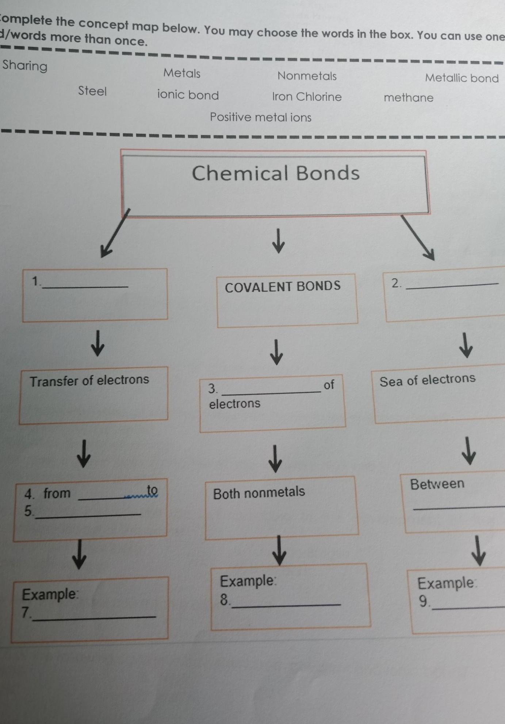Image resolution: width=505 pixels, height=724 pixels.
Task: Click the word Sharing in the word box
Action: coord(25,66)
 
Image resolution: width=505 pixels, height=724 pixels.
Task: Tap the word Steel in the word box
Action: coord(92,91)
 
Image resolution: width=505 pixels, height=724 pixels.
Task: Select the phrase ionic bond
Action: coord(188,95)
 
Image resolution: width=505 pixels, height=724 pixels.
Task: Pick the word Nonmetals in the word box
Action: coord(307,76)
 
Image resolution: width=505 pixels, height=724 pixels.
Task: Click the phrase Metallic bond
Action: coord(462,78)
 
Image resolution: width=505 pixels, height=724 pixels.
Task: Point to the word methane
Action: coord(408,98)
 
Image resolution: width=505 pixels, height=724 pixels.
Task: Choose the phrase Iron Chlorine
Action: coord(307,97)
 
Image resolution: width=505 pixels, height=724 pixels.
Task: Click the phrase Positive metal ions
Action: coord(260,117)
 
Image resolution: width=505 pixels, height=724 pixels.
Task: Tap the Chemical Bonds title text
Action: coord(276,173)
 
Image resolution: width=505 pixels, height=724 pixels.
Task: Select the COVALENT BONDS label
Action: coord(283,286)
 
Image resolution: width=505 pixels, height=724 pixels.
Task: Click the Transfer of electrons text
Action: coord(89,380)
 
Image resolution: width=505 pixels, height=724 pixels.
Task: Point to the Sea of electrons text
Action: coord(428,380)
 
